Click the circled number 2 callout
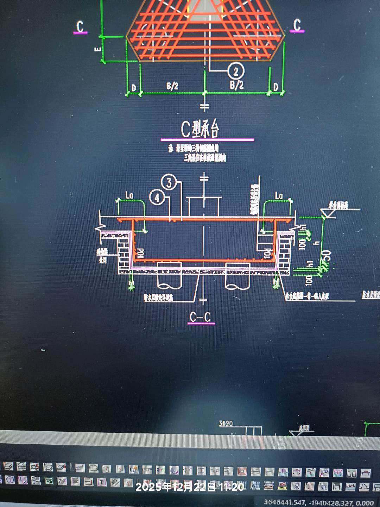pos(236,71)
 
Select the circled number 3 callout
pos(169,182)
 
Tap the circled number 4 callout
pos(157,198)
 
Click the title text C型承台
pos(200,129)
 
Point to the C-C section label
pos(200,317)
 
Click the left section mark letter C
pos(80,26)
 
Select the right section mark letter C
pos(297,25)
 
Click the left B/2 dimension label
pos(172,86)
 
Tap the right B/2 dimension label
pos(236,84)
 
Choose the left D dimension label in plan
pos(134,87)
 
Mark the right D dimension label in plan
pos(276,87)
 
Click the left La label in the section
pos(129,195)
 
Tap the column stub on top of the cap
pos(204,207)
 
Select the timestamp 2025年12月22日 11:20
pos(190,487)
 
